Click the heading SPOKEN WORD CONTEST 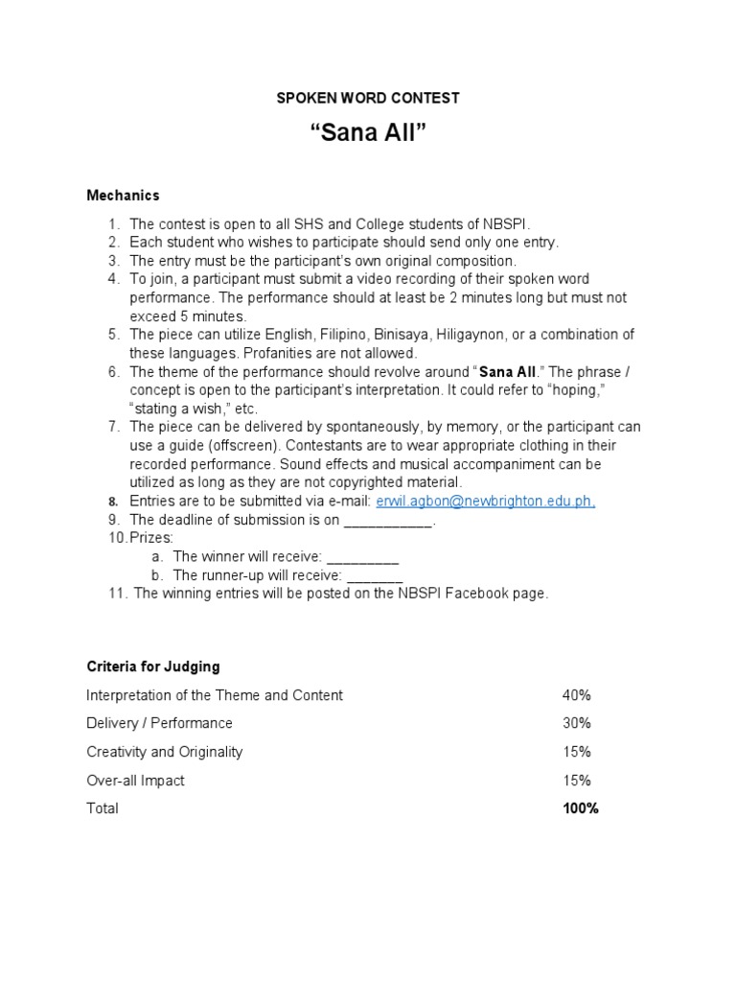click(x=368, y=98)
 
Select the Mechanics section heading click(x=123, y=195)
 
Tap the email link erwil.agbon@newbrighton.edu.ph click(x=486, y=502)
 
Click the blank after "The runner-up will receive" click(x=374, y=575)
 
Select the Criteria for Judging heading click(x=153, y=666)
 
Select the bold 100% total click(x=580, y=808)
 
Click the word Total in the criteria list click(x=103, y=808)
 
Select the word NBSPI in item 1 click(x=507, y=223)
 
